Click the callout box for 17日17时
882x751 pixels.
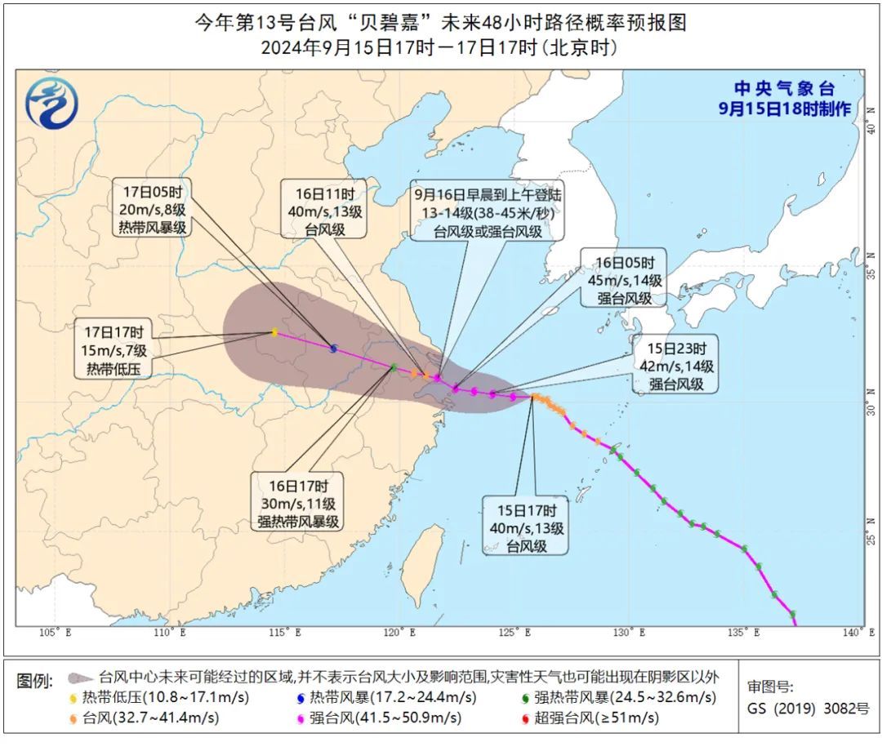114,351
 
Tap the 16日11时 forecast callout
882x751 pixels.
324,211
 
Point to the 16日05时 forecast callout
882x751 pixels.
625,279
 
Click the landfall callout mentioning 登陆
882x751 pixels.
488,214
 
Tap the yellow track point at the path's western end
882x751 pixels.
274,331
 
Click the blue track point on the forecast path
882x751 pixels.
333,349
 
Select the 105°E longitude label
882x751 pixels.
56,633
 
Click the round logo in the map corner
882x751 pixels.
51,102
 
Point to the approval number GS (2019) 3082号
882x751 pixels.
808,708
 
